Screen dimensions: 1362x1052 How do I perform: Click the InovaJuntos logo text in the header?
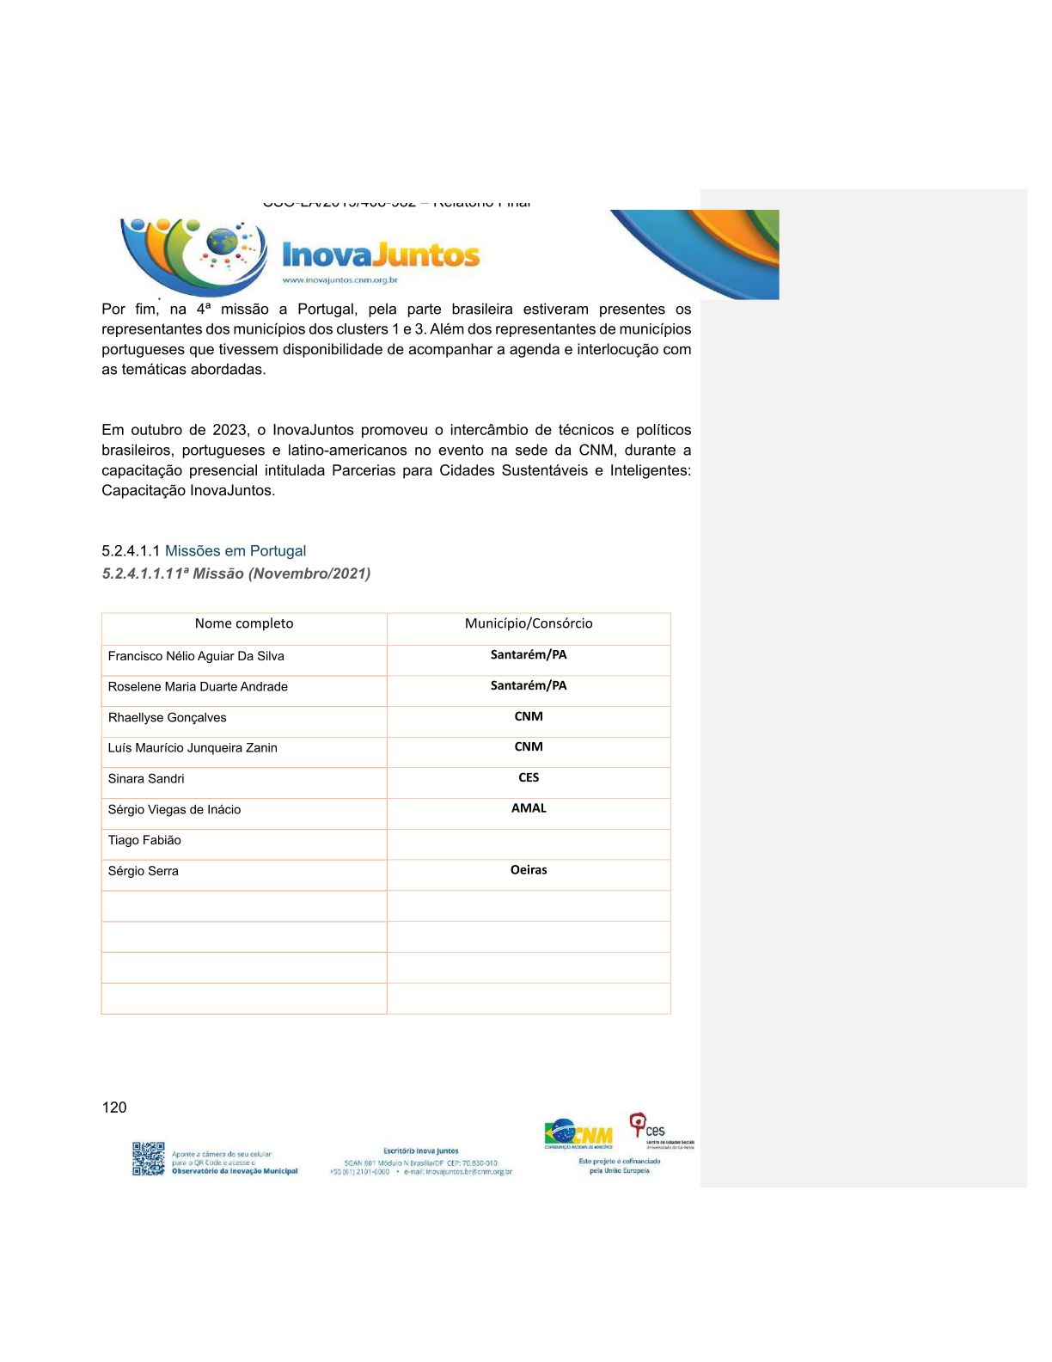(381, 255)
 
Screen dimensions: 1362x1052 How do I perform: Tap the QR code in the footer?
(148, 1158)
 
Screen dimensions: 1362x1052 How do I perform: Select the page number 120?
(114, 1107)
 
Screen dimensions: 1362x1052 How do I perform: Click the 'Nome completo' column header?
(244, 624)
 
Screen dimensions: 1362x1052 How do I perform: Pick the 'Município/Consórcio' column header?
(529, 624)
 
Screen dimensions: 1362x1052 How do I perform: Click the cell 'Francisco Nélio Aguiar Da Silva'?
(196, 657)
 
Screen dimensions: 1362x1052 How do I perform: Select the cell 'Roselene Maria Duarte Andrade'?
(198, 687)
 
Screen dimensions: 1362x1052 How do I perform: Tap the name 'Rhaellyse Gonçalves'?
(167, 718)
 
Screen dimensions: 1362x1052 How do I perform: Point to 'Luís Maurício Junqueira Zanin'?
(193, 748)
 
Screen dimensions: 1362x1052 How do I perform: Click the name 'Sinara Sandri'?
(146, 779)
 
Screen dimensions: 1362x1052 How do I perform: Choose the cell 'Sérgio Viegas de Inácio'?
(174, 810)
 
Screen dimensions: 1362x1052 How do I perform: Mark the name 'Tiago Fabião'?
(144, 841)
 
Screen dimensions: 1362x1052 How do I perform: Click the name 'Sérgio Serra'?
(144, 871)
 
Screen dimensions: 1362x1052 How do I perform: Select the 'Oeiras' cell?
(529, 870)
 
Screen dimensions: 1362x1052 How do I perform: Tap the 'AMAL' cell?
(529, 808)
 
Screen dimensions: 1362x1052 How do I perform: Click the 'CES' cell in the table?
(529, 778)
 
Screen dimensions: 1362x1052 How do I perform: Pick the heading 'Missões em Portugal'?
(235, 551)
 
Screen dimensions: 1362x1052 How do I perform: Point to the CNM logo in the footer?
(578, 1136)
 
